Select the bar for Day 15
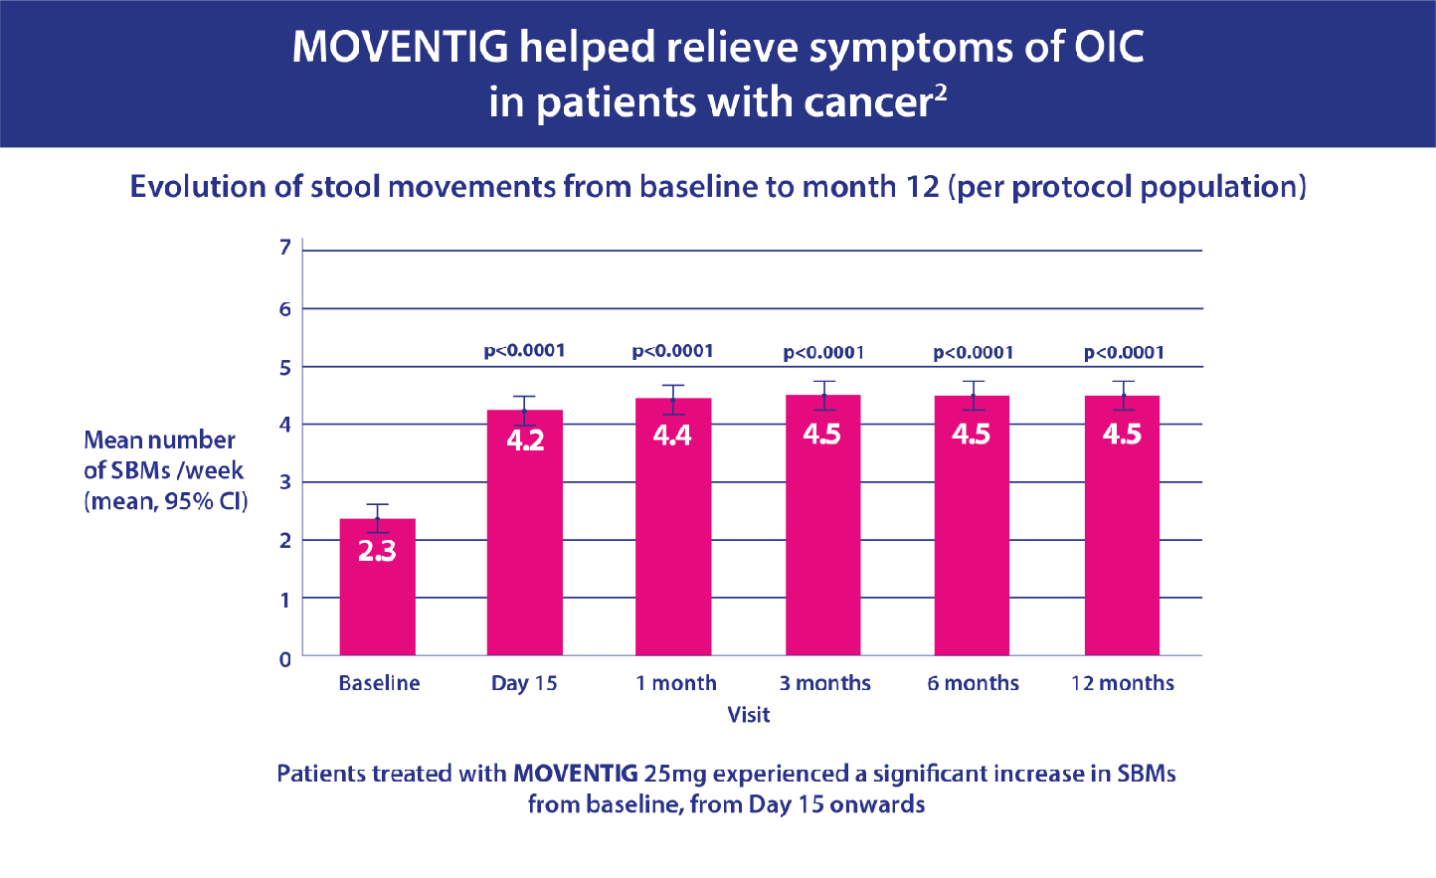525,557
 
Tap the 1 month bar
673,557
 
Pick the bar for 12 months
1122,557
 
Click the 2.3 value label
378,551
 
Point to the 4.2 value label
525,439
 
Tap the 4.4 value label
672,435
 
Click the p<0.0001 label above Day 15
524,350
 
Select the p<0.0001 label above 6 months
974,352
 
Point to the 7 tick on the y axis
285,247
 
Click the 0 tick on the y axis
285,658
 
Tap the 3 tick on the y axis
285,483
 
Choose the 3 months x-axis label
824,683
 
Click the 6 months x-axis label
974,683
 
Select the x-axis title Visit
748,714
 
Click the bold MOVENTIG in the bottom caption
575,773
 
